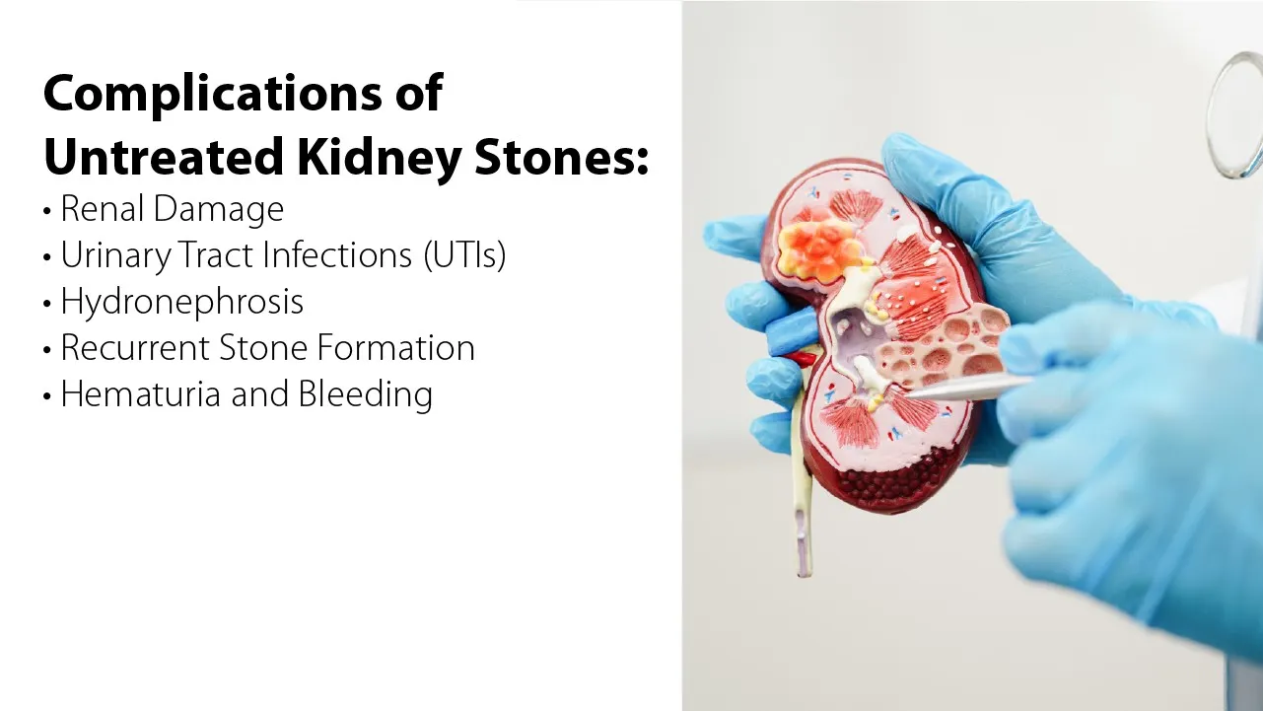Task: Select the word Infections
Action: point(334,255)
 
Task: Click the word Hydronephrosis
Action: point(181,302)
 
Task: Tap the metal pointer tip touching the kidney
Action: point(912,393)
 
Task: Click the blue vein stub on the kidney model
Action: point(788,334)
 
